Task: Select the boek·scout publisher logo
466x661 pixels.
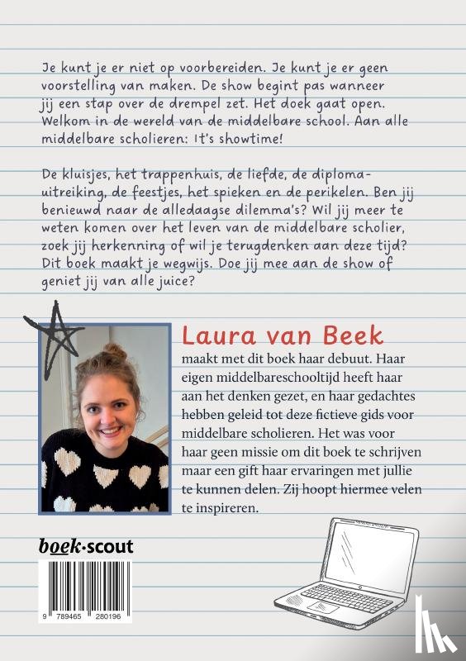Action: coord(86,545)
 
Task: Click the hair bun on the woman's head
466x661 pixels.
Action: coord(115,354)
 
